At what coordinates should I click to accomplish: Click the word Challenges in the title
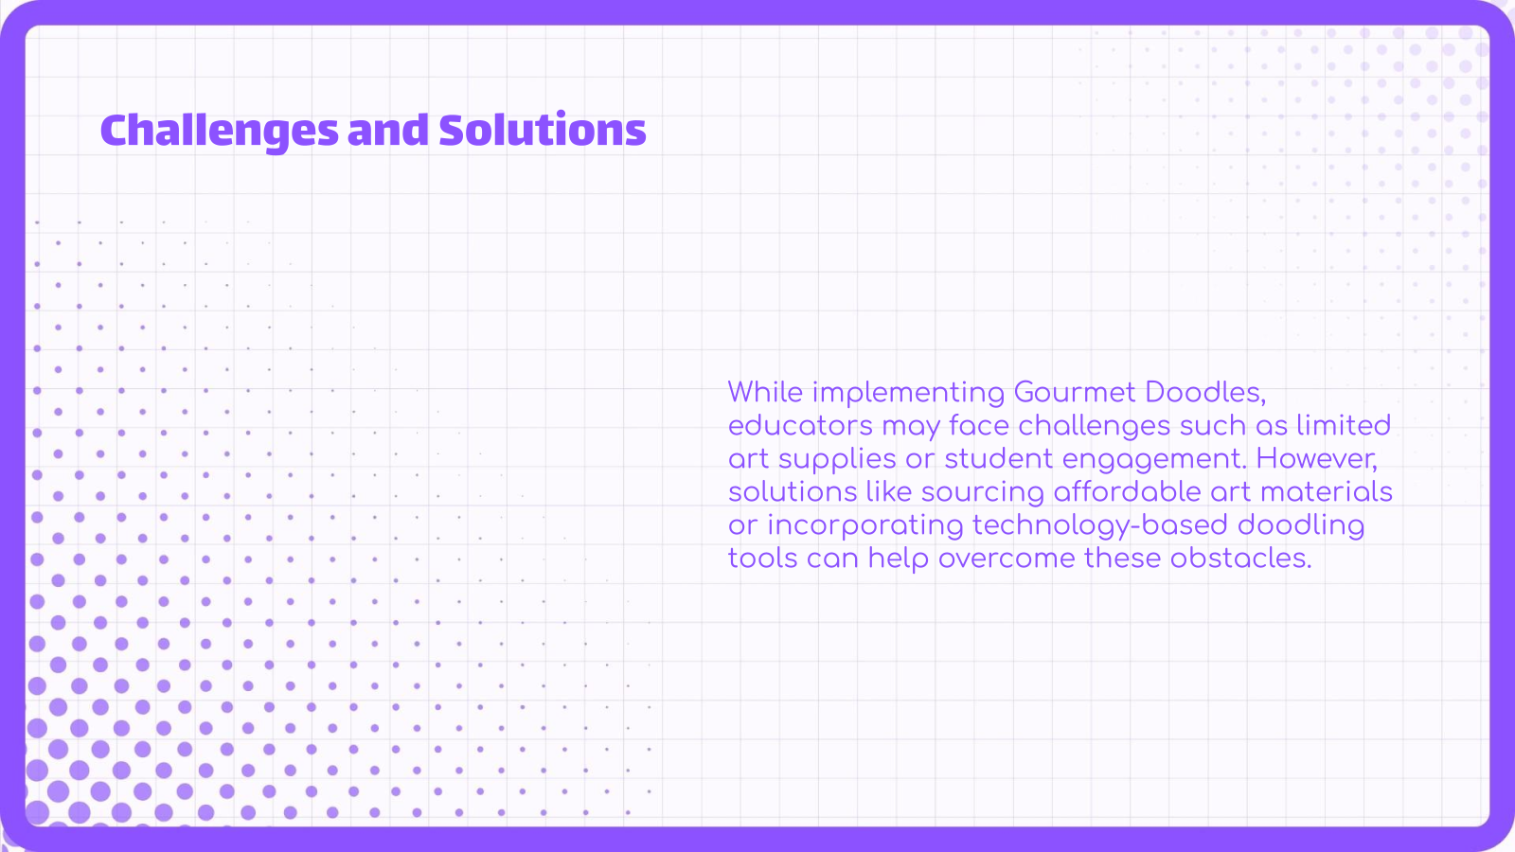click(x=219, y=131)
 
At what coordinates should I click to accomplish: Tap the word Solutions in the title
click(x=543, y=131)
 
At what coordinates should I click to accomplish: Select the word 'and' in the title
click(x=388, y=131)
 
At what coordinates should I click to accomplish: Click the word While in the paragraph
click(x=765, y=392)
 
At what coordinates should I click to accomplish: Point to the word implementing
click(x=908, y=393)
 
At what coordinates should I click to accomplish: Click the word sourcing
click(x=982, y=492)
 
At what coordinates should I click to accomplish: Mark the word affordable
click(x=1127, y=491)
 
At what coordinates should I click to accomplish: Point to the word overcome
click(x=1007, y=559)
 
